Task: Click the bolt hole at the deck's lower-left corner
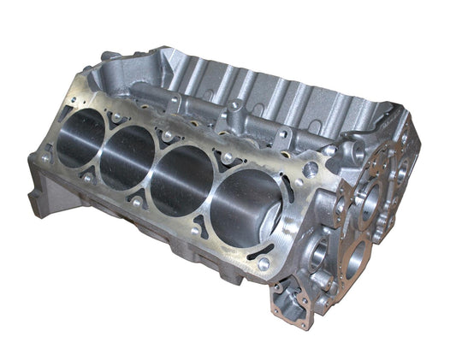point(44,158)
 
